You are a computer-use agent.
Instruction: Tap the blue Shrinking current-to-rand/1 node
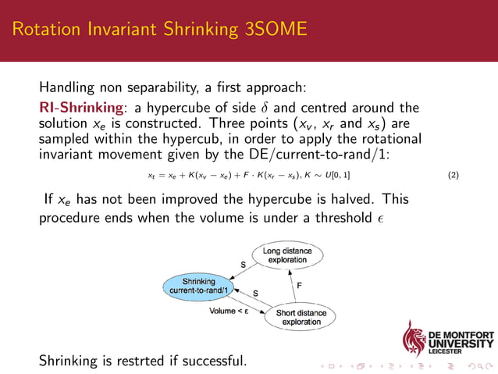pos(199,285)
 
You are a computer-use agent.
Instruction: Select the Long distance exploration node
pos(286,256)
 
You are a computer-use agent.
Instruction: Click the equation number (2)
pos(453,175)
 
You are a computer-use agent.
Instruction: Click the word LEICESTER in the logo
pos(448,351)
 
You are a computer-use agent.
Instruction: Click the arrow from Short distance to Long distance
pos(291,286)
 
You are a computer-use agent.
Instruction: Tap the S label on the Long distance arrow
pos(242,265)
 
